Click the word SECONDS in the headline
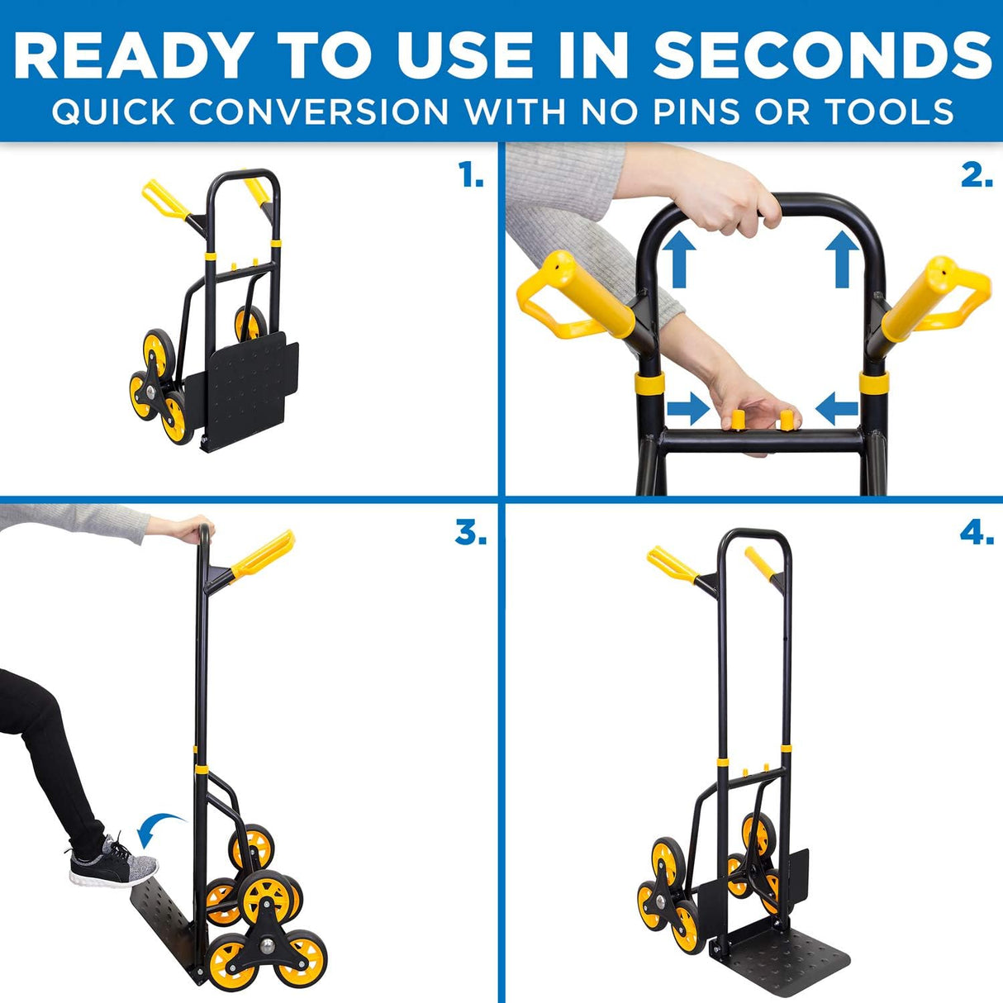[x=822, y=55]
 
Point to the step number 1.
[x=472, y=175]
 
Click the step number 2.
[x=976, y=175]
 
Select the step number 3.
[x=470, y=534]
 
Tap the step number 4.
[x=976, y=534]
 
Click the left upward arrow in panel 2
[x=679, y=259]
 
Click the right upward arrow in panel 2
[x=842, y=259]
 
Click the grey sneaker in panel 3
[x=112, y=861]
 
